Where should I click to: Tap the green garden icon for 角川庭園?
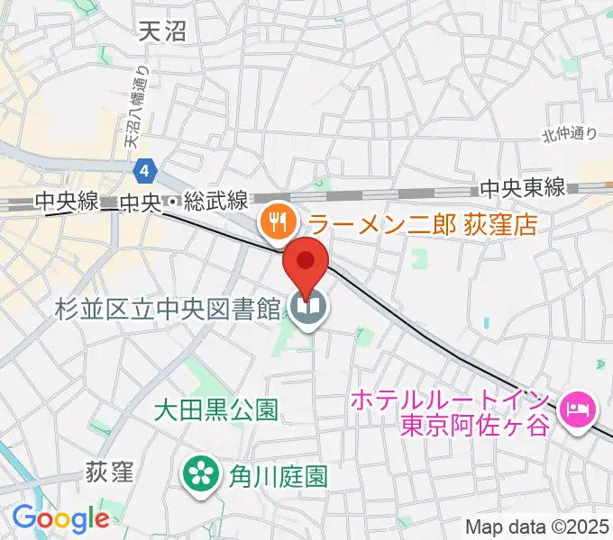click(x=199, y=473)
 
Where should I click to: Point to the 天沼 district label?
click(x=163, y=33)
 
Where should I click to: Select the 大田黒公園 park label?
click(x=215, y=411)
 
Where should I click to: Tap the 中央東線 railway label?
click(x=522, y=188)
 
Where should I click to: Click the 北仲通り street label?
click(x=570, y=135)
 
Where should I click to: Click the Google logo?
click(x=60, y=517)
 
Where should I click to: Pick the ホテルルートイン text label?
click(x=452, y=397)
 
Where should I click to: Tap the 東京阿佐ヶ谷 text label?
click(x=468, y=425)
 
